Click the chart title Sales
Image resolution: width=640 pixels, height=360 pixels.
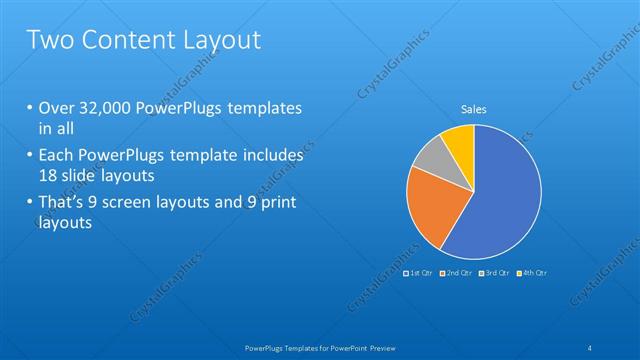(473, 109)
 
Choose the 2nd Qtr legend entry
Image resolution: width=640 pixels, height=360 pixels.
(456, 272)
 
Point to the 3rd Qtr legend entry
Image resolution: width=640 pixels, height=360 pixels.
(495, 272)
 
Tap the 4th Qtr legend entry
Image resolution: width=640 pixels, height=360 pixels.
(533, 272)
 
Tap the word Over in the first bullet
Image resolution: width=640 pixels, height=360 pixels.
(56, 108)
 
